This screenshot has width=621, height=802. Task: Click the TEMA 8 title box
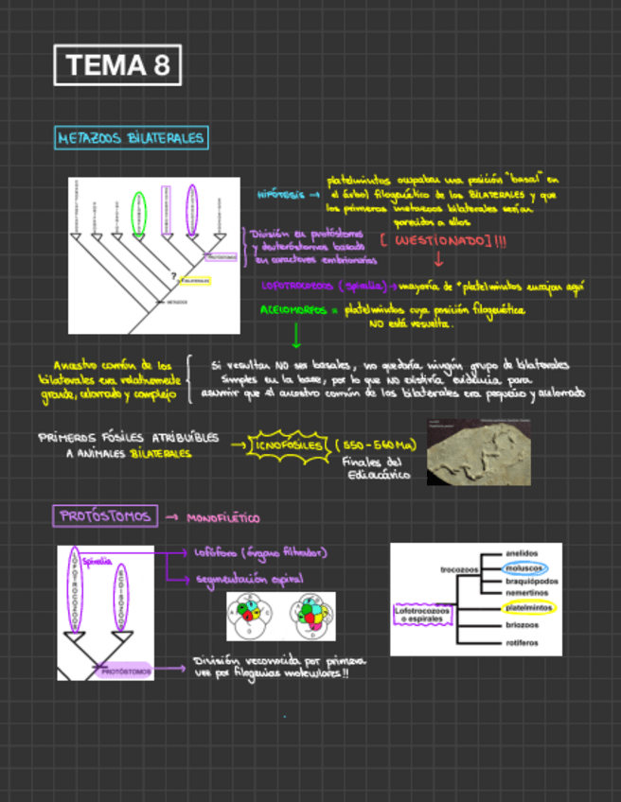pyautogui.click(x=118, y=65)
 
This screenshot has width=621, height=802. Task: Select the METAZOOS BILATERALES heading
pyautogui.click(x=131, y=138)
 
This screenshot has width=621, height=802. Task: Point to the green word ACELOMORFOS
pyautogui.click(x=293, y=309)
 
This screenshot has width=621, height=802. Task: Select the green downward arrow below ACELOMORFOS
pyautogui.click(x=296, y=334)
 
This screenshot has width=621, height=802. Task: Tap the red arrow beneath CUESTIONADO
pyautogui.click(x=438, y=259)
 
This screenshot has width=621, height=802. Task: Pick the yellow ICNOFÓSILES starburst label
pyautogui.click(x=288, y=445)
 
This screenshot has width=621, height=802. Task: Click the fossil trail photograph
pyautogui.click(x=478, y=452)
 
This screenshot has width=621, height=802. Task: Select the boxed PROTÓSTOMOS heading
pyautogui.click(x=105, y=516)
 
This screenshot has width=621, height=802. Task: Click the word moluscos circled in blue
pyautogui.click(x=522, y=567)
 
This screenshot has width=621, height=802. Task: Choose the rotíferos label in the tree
pyautogui.click(x=522, y=642)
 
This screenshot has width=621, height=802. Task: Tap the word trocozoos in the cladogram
pyautogui.click(x=460, y=569)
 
